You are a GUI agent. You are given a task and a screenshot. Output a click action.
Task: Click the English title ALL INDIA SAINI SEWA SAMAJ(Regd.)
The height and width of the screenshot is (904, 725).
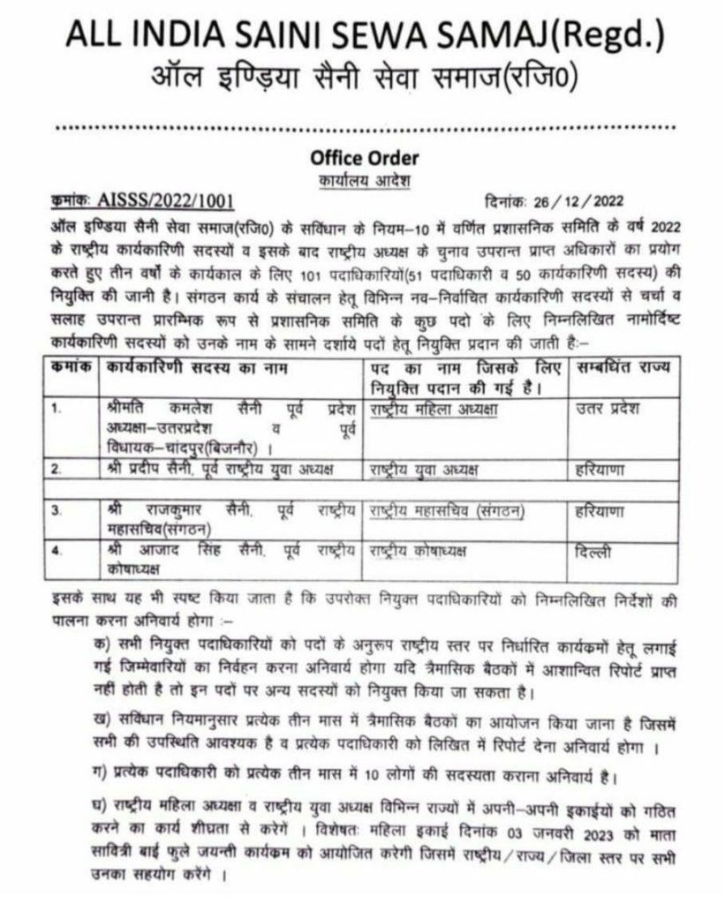coord(362,38)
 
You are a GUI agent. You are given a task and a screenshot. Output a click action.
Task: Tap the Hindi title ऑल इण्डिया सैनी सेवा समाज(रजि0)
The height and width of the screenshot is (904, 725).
coord(362,81)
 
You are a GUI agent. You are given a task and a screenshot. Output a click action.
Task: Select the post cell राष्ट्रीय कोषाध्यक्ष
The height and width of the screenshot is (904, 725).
coord(417,552)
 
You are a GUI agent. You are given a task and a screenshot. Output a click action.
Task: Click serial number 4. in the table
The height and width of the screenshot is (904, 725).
coord(56,552)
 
